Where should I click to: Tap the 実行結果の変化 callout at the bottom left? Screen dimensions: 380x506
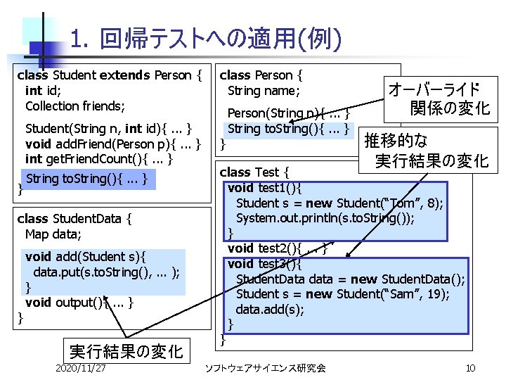coord(126,349)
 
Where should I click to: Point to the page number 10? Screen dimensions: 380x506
coord(470,367)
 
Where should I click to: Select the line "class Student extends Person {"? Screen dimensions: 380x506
coord(112,75)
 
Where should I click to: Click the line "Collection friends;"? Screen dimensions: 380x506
coord(75,106)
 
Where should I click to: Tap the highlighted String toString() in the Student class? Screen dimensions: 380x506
coord(86,179)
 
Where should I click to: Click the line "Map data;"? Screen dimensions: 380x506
coord(53,234)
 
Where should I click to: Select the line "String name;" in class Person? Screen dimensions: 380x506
coord(264,91)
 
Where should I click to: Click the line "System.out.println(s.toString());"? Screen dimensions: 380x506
coord(325,218)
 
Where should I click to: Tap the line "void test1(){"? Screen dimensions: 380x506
coord(265,187)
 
